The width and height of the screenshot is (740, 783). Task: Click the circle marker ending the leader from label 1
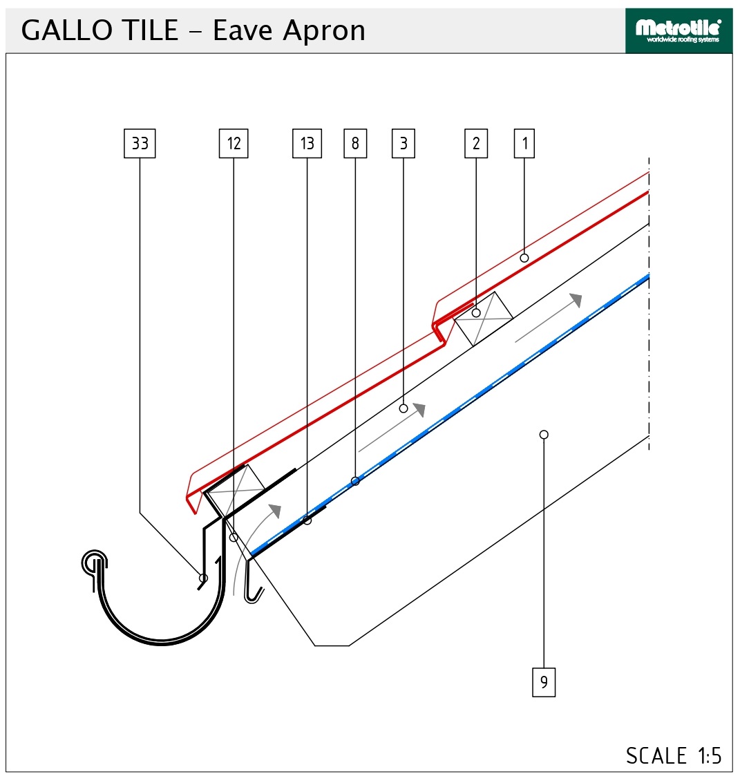[x=524, y=258]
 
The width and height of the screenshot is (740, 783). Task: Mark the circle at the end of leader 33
[x=203, y=578]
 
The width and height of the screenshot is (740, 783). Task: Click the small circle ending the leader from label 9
[x=544, y=435]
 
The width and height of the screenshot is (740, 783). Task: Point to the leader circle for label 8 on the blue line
[x=356, y=482]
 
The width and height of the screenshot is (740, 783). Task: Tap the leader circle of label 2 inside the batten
[x=476, y=313]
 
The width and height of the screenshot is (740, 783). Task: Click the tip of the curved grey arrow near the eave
[x=280, y=506]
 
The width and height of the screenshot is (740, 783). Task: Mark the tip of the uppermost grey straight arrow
[x=581, y=294]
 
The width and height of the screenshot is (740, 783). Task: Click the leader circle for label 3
[x=404, y=408]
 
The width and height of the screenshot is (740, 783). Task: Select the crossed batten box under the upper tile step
[x=484, y=319]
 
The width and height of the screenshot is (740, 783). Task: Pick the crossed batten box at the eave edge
[x=235, y=491]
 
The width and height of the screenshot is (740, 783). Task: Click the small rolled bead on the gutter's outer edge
[x=95, y=563]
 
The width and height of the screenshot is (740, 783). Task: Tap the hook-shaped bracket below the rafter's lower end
[x=253, y=582]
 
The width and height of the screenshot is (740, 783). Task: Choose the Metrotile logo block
[x=679, y=30]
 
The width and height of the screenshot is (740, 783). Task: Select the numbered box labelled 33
[x=140, y=143]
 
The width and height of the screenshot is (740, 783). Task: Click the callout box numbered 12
[x=234, y=143]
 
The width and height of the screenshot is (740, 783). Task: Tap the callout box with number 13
[x=307, y=143]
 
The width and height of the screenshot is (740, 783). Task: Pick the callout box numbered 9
[x=544, y=682]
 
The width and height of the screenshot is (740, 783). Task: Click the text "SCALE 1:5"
[x=674, y=756]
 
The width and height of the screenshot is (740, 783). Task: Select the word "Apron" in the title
[x=324, y=31]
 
